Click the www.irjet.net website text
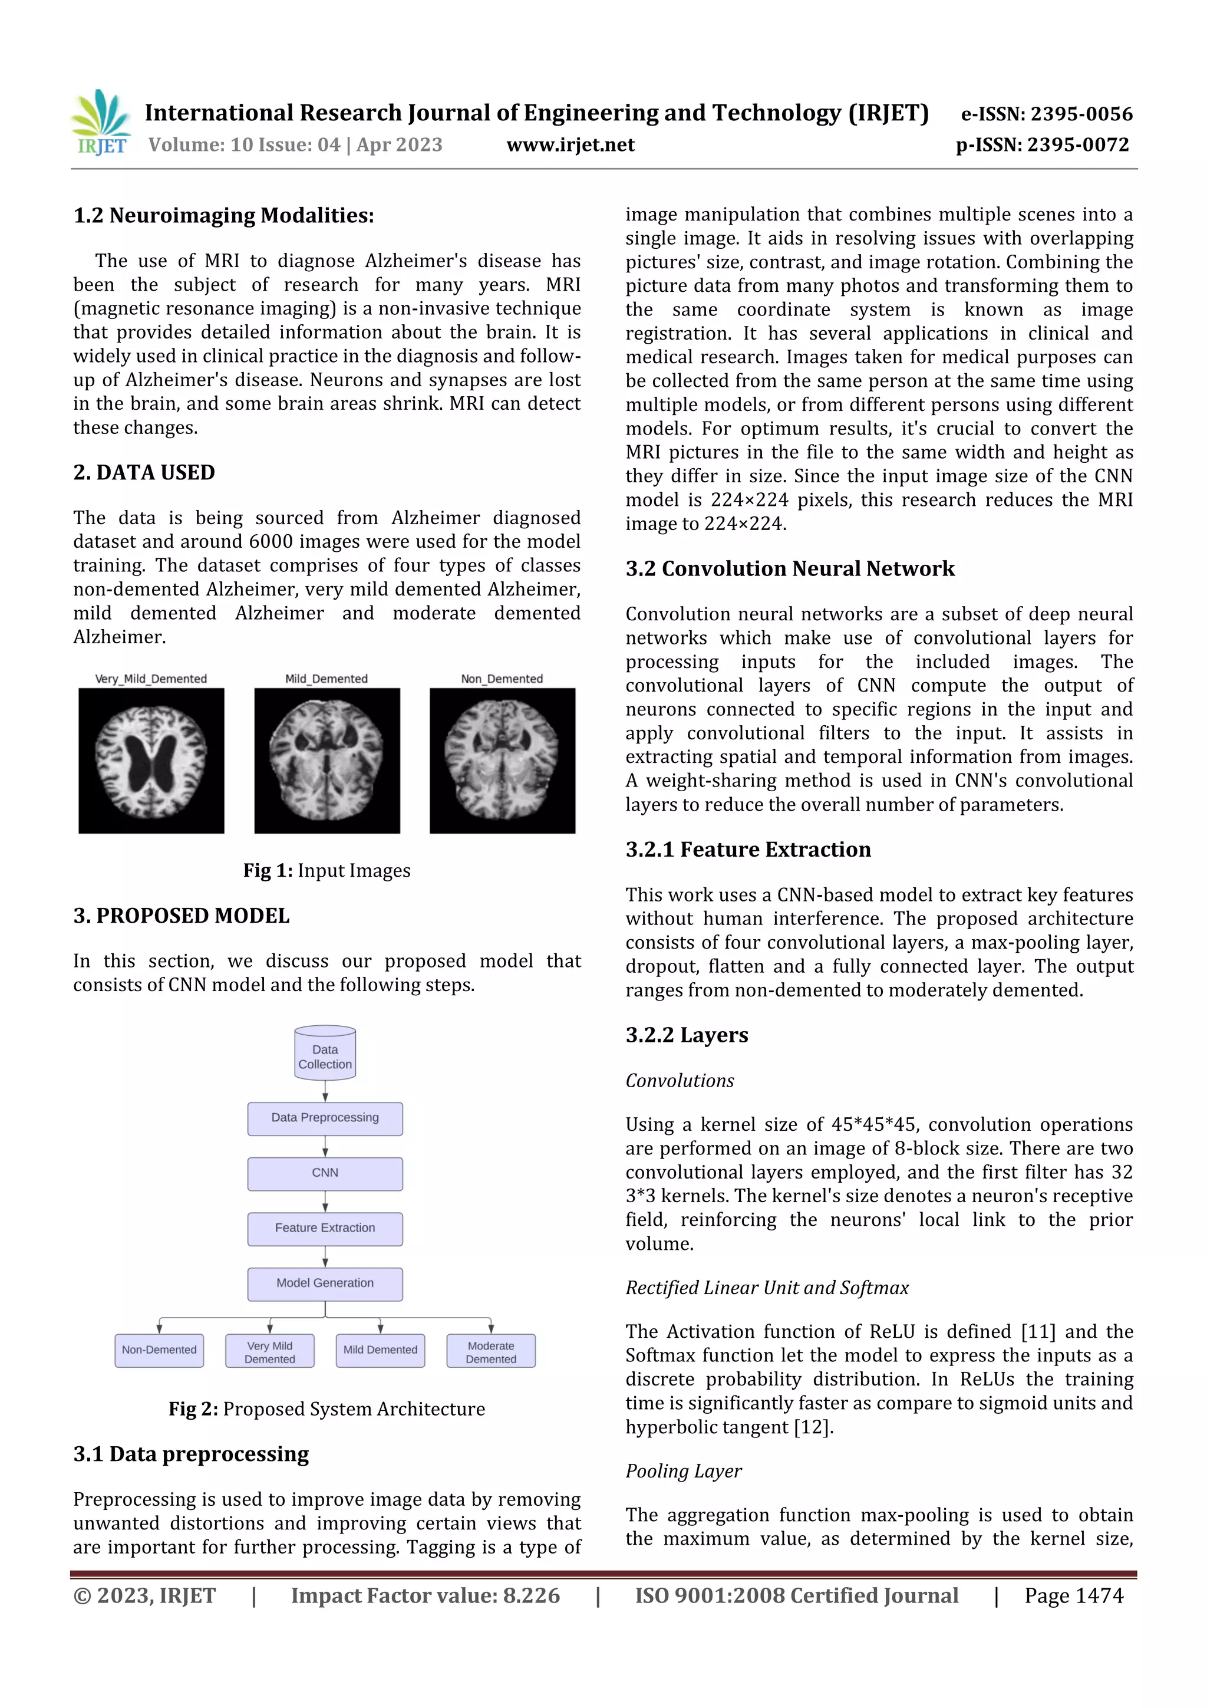570,145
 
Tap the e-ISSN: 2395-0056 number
1046,114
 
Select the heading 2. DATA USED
144,473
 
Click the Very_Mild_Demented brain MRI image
151,761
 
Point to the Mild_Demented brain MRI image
327,761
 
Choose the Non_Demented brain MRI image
503,761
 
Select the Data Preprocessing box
325,1118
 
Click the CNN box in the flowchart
325,1173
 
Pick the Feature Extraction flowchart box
325,1228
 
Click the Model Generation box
325,1284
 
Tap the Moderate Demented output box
491,1352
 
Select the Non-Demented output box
159,1350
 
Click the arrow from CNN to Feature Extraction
325,1200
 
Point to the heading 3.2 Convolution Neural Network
790,569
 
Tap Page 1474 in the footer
1074,1595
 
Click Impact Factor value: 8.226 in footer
426,1595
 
